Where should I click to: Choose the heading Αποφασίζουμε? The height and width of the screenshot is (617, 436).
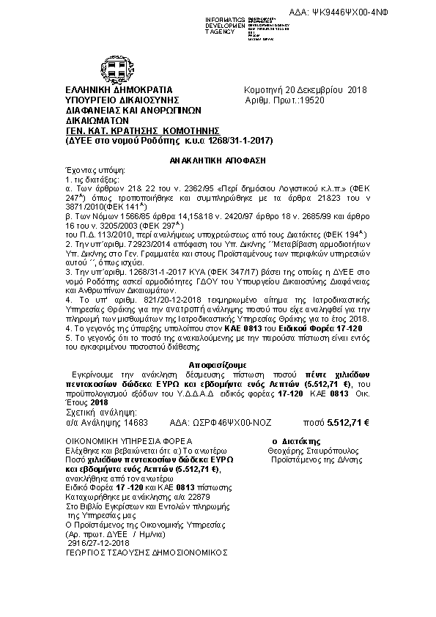[x=218, y=363]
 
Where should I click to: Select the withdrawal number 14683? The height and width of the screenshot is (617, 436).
[x=135, y=423]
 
